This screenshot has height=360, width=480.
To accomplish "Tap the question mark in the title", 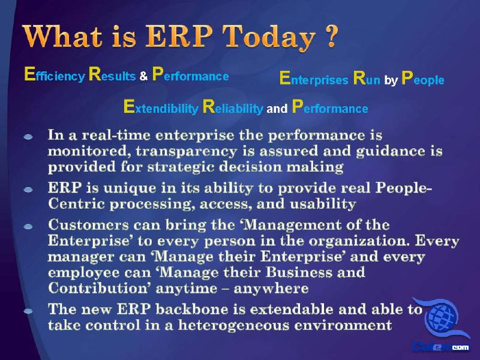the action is coord(331,35).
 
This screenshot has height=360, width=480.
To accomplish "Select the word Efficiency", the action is coord(55,74).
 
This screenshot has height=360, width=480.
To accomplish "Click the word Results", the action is coord(112,74).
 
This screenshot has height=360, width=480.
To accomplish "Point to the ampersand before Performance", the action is coord(143,76).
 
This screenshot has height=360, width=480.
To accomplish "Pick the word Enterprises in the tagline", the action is coord(314,78).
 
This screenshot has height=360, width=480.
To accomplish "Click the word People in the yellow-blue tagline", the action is coord(423,78).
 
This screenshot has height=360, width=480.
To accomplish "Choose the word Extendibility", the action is coord(161,107).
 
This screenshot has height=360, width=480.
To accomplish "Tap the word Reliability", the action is coord(233,107).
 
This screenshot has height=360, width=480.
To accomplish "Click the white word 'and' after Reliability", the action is coord(277,109).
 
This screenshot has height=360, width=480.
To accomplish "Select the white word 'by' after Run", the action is coord(391,80).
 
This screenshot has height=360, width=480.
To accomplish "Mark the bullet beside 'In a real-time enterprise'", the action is coord(28,137).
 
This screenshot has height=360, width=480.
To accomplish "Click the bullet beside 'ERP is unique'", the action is coord(28,190).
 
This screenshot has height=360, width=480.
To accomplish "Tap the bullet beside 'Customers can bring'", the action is coord(28,227).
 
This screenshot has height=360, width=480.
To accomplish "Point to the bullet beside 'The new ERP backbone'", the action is coord(28,311).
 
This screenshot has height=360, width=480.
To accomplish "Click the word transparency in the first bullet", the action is coord(187,151).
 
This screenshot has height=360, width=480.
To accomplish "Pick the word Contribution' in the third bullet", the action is coord(98,288).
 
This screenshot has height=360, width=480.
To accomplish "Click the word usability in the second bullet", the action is coord(323,204).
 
